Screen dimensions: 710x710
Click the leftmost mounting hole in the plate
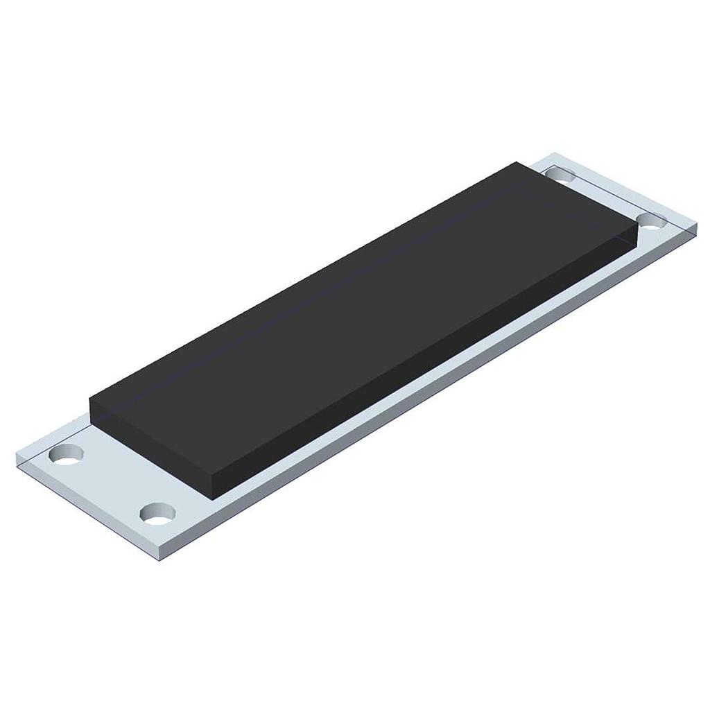click(67, 456)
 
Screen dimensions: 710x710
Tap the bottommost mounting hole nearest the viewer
click(157, 514)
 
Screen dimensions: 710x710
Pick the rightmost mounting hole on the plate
click(651, 222)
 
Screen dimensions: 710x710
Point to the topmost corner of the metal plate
click(550, 153)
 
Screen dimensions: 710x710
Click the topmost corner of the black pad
click(516, 162)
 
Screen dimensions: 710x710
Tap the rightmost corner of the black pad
click(637, 226)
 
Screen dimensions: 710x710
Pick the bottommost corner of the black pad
click(212, 498)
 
